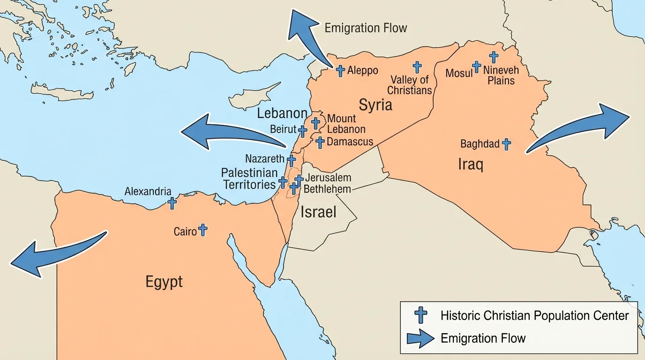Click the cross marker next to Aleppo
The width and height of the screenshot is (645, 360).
coord(341,71)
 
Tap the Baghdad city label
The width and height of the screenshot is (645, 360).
coord(480,144)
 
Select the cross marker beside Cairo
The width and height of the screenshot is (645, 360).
coord(202,230)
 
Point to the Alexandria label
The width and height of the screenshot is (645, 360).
coord(148,192)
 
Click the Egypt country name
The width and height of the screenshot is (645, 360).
coord(164,282)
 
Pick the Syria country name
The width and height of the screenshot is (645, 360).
coord(375,105)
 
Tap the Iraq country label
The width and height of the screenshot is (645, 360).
coord(470,165)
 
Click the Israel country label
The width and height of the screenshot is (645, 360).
coord(318,212)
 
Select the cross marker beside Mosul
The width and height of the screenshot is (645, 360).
coord(476,67)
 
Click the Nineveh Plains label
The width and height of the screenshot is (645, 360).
coord(501,75)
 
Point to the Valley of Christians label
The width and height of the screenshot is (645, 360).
coord(409,85)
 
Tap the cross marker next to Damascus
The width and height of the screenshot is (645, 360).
coord(320,142)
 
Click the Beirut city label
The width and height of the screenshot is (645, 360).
coord(283,129)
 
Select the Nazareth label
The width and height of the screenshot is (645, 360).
coord(265,159)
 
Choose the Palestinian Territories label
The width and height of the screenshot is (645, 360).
coord(249,179)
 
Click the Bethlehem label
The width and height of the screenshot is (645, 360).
coord(327,189)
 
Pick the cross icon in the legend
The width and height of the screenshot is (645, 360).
coord(420,315)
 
